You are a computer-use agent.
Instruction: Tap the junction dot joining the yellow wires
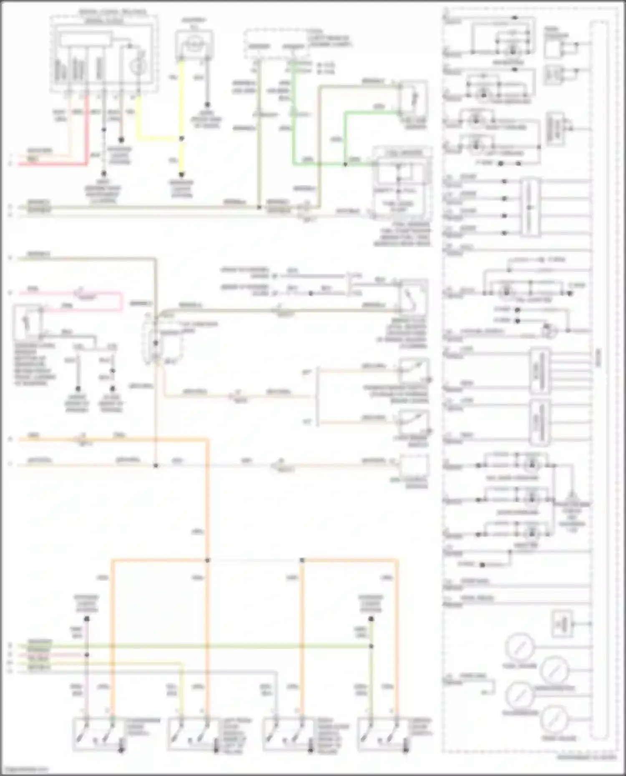point(182,138)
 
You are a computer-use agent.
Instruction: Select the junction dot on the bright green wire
point(345,164)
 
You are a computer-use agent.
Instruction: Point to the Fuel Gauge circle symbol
point(519,647)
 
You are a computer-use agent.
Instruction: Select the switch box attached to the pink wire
point(27,322)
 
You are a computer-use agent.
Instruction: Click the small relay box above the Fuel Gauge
point(562,624)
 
